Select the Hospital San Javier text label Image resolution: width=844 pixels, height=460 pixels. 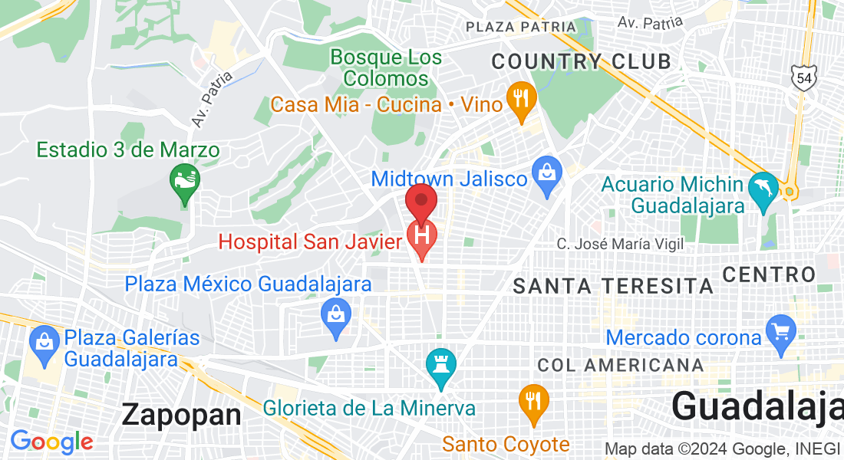310,242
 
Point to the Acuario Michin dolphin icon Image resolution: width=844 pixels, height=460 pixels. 763,192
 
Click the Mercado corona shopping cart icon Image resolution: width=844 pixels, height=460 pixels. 781,331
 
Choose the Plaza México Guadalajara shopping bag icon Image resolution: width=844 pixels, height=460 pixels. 336,314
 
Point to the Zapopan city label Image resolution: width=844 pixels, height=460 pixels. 181,415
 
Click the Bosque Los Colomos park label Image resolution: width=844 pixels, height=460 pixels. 386,67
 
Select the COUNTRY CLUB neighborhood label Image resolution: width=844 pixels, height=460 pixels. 581,61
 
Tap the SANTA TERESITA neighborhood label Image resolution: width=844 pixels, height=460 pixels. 613,287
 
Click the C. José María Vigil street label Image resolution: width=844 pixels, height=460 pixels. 620,245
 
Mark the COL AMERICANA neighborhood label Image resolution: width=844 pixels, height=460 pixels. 620,365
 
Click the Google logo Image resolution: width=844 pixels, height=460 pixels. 51,442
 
